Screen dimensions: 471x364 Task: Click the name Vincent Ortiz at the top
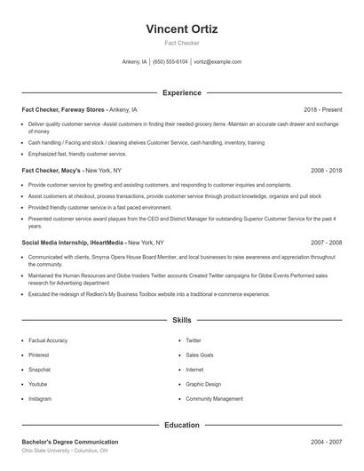[x=181, y=28]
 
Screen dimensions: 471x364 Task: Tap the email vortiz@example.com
[x=217, y=62]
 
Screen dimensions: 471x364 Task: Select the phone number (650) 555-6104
[x=170, y=62]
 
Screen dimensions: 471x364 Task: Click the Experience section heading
[x=181, y=92]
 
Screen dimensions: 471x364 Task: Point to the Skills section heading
[x=181, y=319]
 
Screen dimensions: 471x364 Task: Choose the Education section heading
[x=181, y=426]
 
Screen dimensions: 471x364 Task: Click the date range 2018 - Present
[x=322, y=109]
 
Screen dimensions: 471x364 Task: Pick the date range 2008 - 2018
[x=326, y=169]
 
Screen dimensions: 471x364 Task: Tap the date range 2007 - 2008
[x=326, y=242]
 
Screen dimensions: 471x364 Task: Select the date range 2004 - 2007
[x=326, y=442]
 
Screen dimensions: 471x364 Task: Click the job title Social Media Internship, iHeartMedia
[x=74, y=242]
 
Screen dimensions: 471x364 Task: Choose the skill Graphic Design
[x=203, y=384]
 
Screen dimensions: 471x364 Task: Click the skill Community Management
[x=214, y=399]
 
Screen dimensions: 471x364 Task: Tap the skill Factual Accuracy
[x=48, y=340]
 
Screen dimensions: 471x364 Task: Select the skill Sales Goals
[x=199, y=355]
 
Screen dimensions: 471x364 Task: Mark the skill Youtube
[x=38, y=384]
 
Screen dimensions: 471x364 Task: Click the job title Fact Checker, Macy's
[x=51, y=169]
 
